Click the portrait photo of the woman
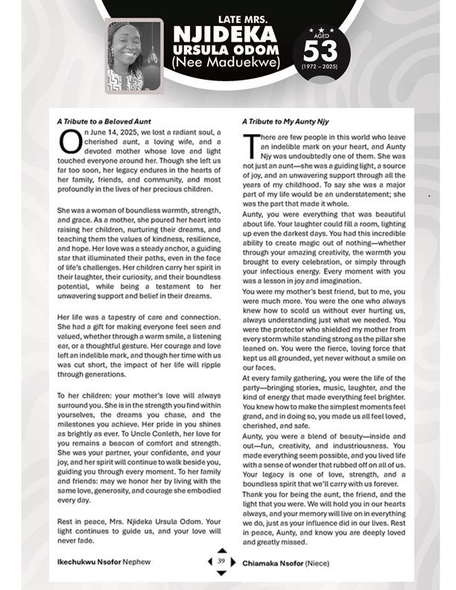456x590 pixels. coord(134,55)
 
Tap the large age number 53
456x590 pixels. coord(320,51)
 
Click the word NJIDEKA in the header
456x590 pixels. coord(224,34)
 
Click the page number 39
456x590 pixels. coord(221,562)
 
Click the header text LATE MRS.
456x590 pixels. coord(224,16)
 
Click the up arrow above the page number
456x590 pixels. coord(221,552)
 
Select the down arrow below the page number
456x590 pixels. coord(221,572)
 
